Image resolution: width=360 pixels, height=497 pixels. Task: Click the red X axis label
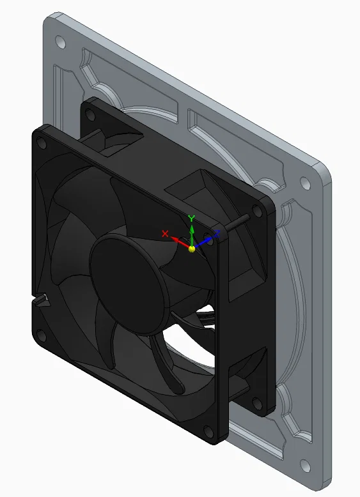(165, 234)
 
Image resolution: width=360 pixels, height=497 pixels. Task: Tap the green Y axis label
(191, 218)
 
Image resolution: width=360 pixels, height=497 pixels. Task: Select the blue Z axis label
(217, 234)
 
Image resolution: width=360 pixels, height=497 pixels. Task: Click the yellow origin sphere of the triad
(192, 249)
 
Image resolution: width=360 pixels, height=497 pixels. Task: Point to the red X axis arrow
(180, 242)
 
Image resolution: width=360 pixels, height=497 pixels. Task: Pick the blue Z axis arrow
(203, 243)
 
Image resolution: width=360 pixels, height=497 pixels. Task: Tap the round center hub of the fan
(129, 285)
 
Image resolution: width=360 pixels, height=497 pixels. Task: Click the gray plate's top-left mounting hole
(60, 42)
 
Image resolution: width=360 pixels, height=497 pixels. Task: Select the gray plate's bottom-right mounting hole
(305, 465)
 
